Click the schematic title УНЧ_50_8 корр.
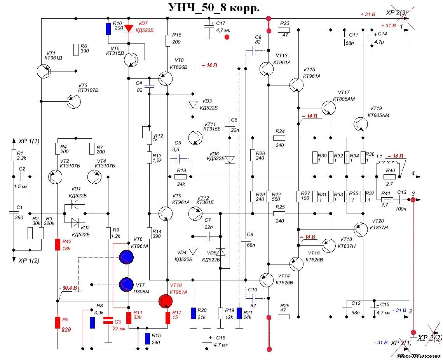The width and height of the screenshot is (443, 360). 213,8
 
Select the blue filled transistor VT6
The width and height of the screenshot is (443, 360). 127,257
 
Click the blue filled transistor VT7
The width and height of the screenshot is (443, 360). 127,284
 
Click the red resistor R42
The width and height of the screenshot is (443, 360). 57,245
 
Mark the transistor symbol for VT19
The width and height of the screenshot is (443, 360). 361,124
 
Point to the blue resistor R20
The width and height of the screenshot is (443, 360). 193,313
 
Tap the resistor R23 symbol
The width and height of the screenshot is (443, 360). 284,30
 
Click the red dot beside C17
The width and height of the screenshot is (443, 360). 227,37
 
